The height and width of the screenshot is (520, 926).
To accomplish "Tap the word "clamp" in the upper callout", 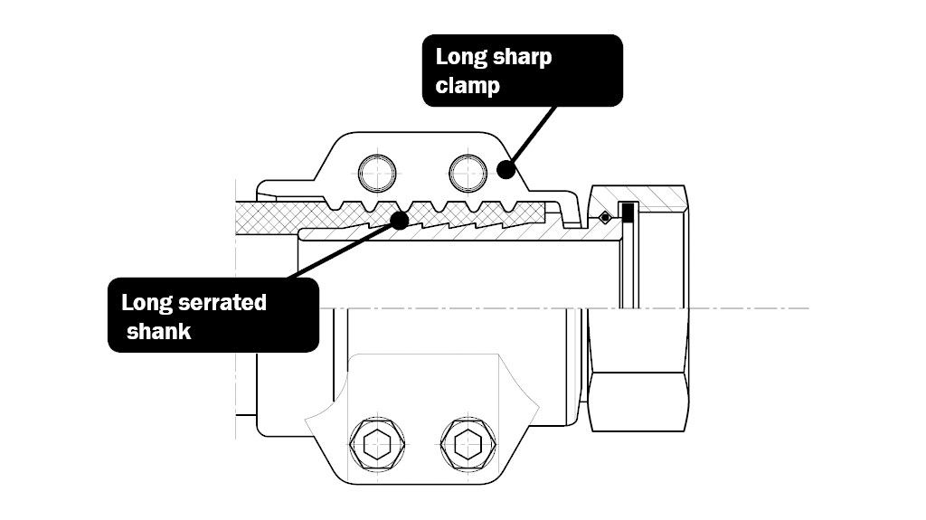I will tap(468, 87).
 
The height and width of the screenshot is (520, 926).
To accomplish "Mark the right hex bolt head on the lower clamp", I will tap(467, 442).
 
